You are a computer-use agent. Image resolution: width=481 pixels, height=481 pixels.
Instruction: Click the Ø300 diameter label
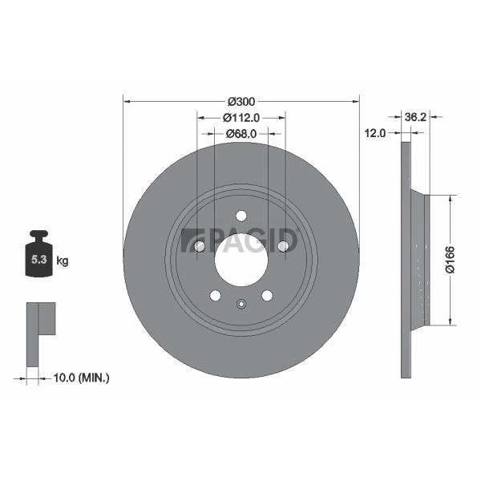coord(241,102)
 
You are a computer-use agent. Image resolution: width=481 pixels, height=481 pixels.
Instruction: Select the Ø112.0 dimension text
coord(241,118)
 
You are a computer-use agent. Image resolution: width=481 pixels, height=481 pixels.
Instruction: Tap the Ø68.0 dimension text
coord(241,134)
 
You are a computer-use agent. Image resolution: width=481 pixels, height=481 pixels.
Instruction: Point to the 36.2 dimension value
coord(415,117)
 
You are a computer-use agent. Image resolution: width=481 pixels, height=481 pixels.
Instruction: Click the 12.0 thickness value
coord(375,133)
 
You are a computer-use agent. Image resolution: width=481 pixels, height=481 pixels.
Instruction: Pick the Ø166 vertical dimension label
coord(450,259)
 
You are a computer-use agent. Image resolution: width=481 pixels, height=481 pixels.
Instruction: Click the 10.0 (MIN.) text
coord(81,378)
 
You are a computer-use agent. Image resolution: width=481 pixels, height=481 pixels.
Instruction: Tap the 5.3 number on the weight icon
coord(39,260)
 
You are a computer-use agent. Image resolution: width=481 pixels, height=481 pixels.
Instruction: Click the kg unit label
coord(63,261)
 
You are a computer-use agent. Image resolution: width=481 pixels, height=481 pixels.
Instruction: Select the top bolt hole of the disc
coord(241,216)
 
